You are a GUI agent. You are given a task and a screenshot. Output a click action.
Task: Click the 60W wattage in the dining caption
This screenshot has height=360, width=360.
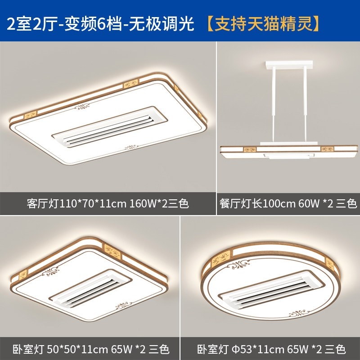point(306,203)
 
